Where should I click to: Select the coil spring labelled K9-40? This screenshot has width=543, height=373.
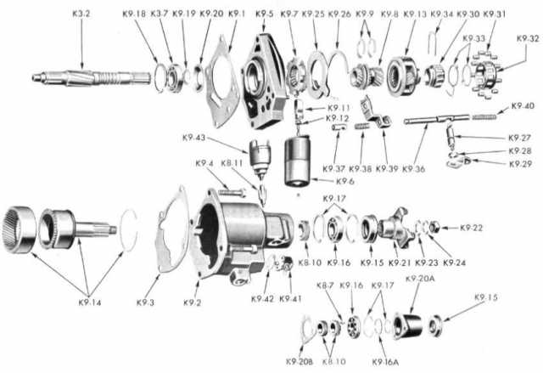487,116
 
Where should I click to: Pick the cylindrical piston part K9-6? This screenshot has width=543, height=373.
299,161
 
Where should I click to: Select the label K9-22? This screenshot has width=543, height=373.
473,227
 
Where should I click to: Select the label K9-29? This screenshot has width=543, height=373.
520,162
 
